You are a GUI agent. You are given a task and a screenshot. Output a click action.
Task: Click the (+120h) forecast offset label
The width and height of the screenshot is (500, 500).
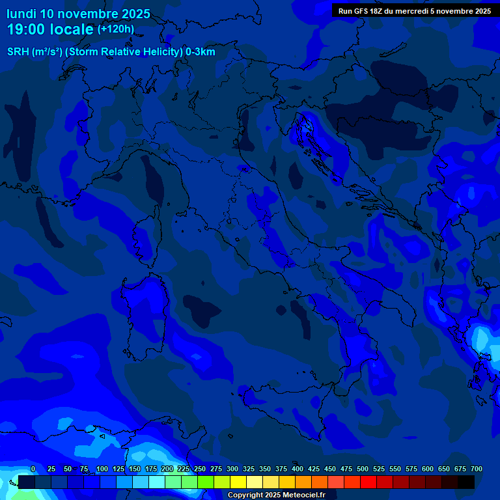point(116,29)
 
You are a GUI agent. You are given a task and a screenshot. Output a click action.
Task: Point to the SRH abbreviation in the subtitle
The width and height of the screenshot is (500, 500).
point(18,52)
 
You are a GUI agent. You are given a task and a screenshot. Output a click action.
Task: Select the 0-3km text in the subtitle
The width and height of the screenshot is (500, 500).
point(201,52)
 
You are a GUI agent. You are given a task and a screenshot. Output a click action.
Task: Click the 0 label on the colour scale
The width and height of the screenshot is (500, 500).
point(33,469)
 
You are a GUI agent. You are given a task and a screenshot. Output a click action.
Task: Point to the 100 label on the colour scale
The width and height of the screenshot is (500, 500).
point(102,469)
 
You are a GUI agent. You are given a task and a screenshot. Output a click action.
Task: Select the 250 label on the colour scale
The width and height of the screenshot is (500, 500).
point(200,469)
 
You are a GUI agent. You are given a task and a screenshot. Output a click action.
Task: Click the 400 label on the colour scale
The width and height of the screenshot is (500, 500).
point(298,469)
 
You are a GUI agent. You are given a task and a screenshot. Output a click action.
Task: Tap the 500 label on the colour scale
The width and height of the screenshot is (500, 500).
point(363,469)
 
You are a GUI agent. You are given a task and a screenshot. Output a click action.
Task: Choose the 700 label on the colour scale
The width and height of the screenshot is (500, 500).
point(477,469)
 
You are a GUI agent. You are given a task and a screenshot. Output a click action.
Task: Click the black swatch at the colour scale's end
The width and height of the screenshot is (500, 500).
point(466,482)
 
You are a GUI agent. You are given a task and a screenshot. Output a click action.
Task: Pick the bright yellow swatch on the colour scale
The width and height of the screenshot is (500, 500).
point(238,482)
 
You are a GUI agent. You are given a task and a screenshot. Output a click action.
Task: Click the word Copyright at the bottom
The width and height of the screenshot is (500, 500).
point(246,495)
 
